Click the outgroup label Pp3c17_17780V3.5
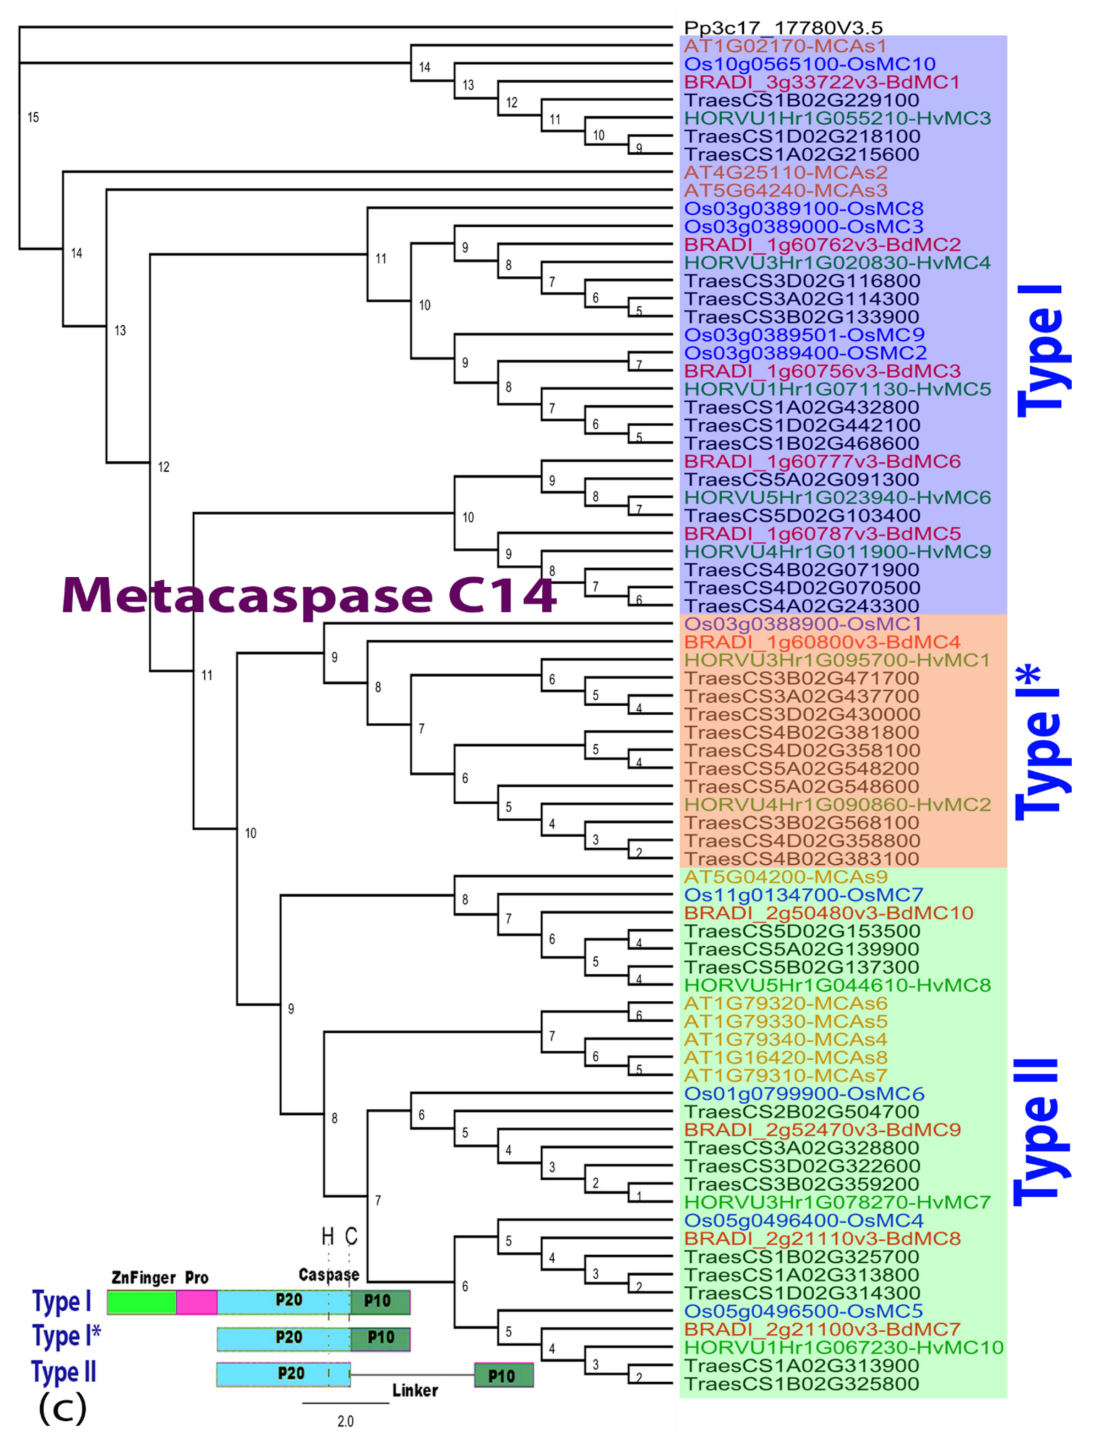[x=783, y=28]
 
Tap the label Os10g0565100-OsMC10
[x=809, y=64]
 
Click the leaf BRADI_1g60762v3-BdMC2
[x=822, y=244]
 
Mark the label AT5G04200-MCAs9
[x=786, y=876]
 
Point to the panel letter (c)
[x=63, y=1408]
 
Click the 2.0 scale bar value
[x=345, y=1421]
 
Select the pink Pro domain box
[x=197, y=1302]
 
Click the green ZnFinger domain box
[x=141, y=1302]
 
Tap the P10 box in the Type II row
[x=503, y=1375]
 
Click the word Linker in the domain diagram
[x=415, y=1390]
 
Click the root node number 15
[x=34, y=117]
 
